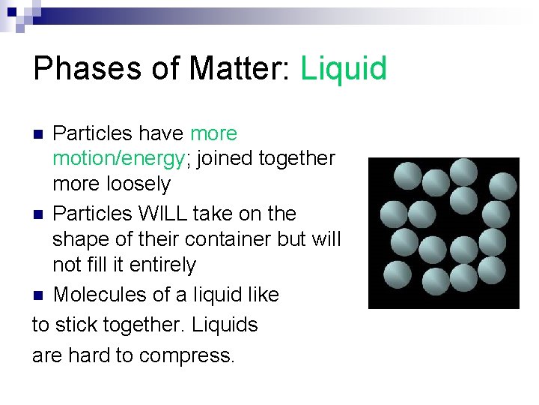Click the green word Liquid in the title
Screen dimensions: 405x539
[x=344, y=69]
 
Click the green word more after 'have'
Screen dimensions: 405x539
[x=213, y=133]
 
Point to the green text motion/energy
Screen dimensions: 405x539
[x=118, y=159]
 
